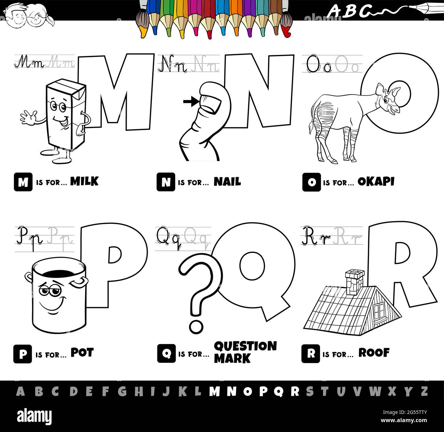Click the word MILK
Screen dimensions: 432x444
coord(84,182)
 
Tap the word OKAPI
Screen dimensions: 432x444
coord(376,182)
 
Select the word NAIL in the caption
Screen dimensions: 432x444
coord(227,182)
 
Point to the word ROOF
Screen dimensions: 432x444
coord(374,353)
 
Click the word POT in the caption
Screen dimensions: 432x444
coord(82,353)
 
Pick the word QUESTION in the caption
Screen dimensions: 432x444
coord(245,346)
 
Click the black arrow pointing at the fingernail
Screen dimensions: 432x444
coord(190,101)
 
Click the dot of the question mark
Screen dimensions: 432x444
coord(196,326)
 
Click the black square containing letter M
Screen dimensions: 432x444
coord(23,182)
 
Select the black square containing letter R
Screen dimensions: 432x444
coord(310,354)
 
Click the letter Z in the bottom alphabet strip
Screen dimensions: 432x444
coord(424,391)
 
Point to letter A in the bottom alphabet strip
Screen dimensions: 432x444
coord(20,391)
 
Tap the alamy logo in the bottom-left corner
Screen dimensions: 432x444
coord(34,417)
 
